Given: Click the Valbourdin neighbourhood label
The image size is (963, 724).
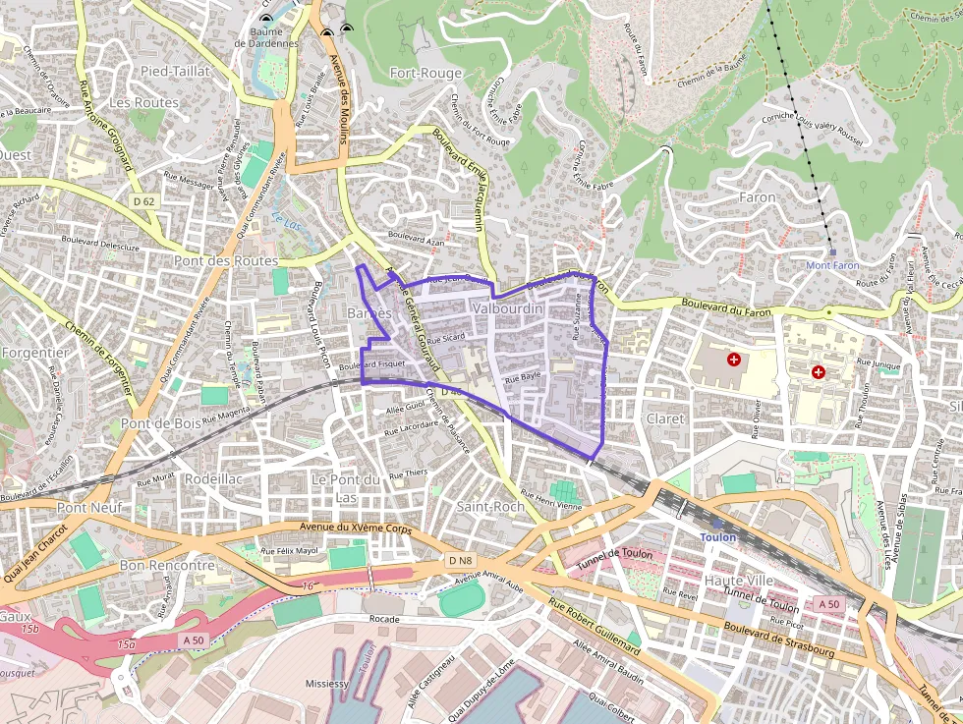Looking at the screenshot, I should [507, 308].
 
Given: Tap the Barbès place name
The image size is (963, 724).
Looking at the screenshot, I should [369, 312].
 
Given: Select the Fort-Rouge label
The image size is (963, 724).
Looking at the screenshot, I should [425, 73].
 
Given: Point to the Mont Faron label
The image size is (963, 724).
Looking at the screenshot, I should [832, 265].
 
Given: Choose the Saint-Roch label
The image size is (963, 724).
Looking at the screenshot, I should [490, 506].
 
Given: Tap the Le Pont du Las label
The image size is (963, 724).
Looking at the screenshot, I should [345, 487].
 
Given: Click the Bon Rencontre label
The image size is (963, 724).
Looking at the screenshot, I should [166, 566].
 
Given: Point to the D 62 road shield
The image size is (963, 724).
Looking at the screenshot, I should [143, 201].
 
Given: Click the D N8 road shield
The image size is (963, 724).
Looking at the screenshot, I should [460, 561].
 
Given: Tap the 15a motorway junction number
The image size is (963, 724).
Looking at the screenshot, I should [125, 645].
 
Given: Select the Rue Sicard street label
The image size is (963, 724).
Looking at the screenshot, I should [446, 338].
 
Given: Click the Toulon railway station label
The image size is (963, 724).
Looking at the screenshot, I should [717, 538].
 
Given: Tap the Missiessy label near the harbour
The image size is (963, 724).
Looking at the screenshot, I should [327, 684].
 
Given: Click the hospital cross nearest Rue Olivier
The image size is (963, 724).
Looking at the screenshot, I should [733, 361].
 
